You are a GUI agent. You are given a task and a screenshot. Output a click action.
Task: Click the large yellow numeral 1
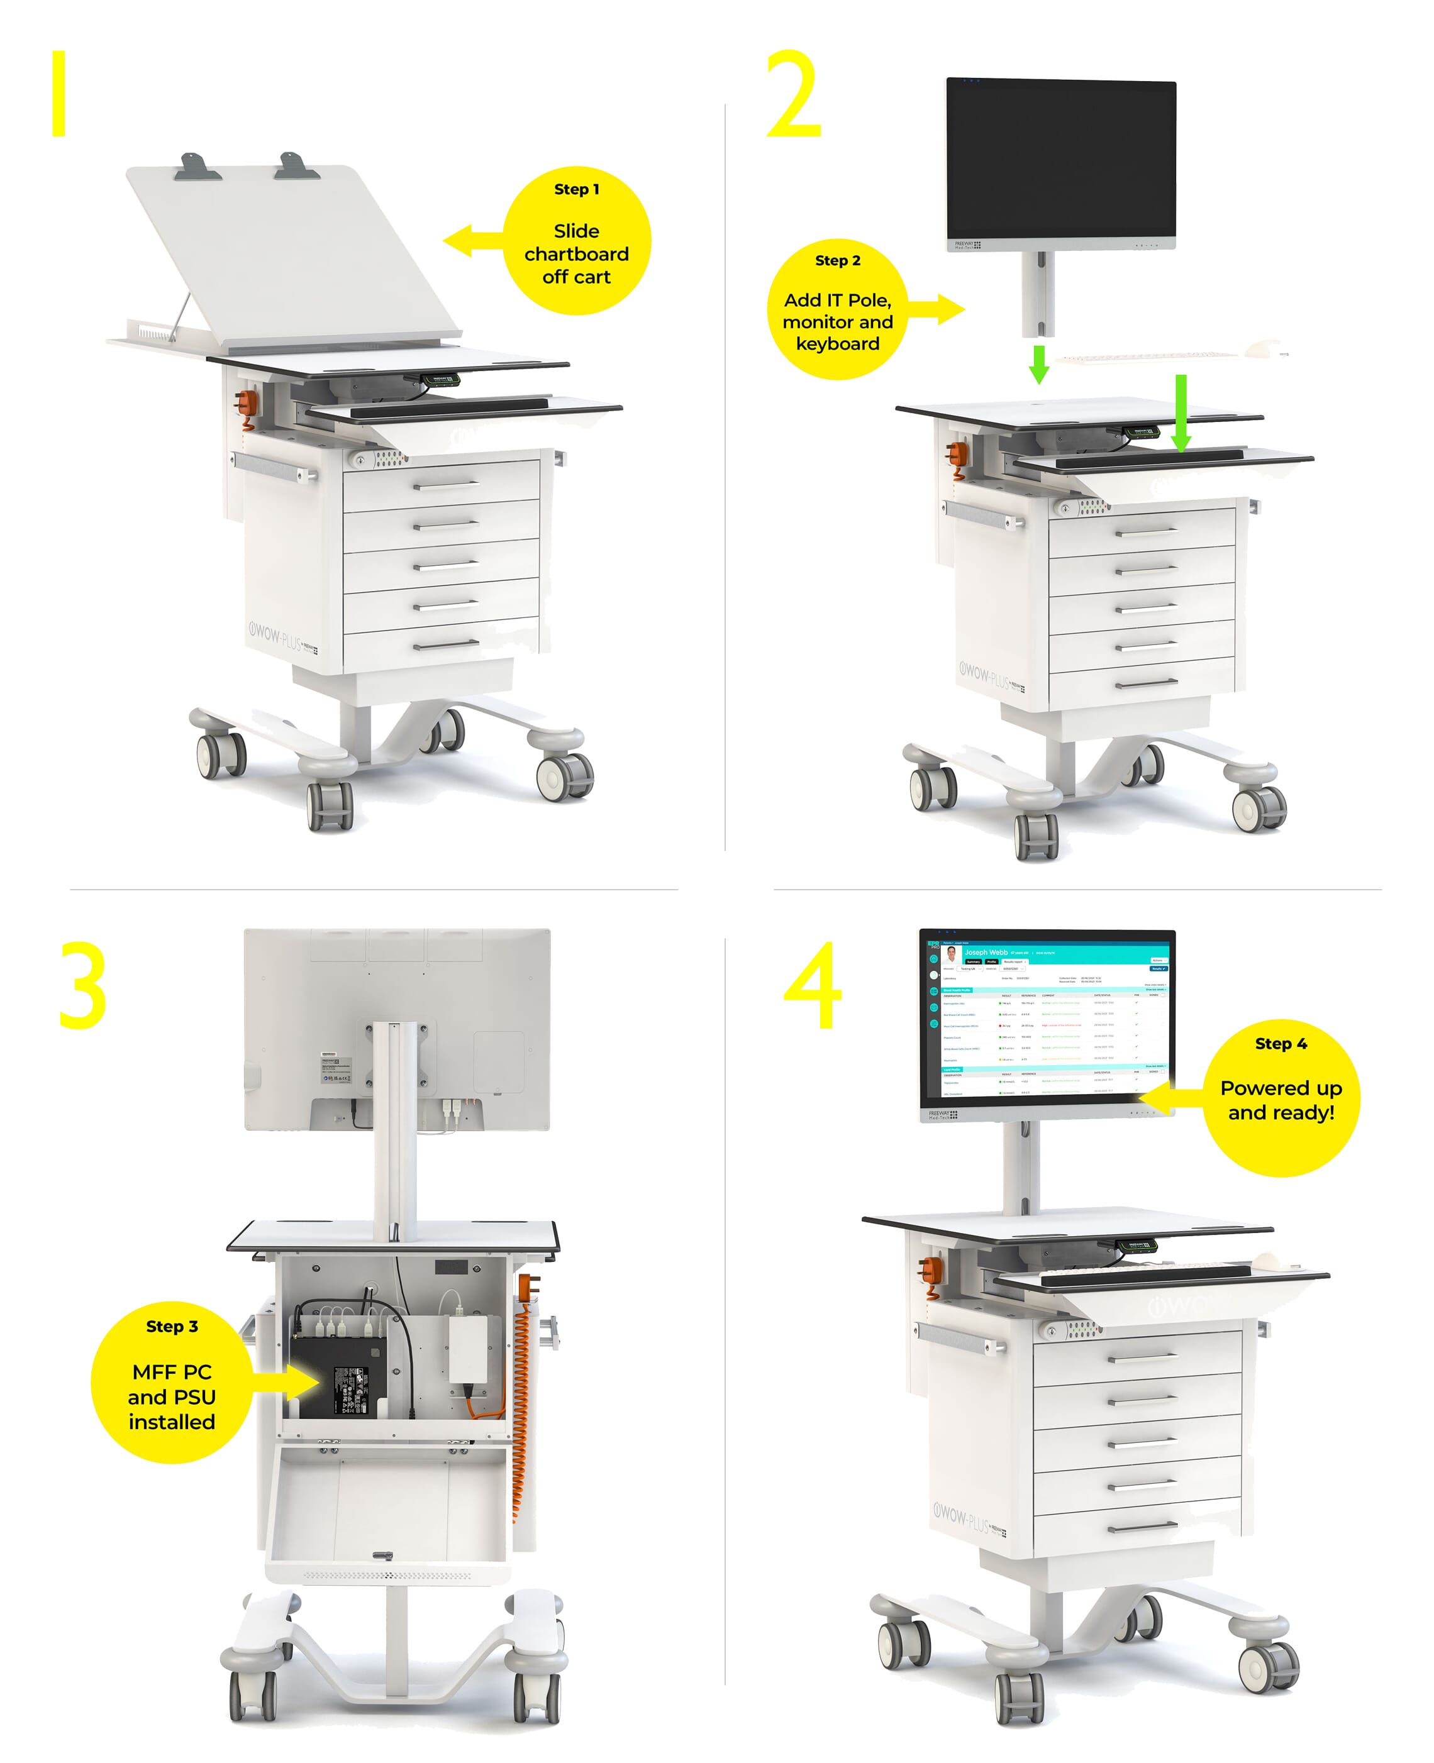pyautogui.click(x=58, y=93)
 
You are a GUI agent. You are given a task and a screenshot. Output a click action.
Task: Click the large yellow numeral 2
pyautogui.click(x=793, y=95)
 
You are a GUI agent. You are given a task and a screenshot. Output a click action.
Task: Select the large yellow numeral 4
pyautogui.click(x=814, y=986)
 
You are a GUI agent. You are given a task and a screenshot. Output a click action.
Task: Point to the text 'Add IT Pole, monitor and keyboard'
pyautogui.click(x=838, y=321)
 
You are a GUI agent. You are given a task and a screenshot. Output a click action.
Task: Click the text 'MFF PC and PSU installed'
pyautogui.click(x=172, y=1396)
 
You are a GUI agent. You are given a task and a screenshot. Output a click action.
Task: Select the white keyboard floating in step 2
pyautogui.click(x=1148, y=356)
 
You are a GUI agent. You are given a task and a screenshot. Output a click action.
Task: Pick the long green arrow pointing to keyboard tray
pyautogui.click(x=1181, y=413)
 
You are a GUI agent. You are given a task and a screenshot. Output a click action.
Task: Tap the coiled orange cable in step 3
pyautogui.click(x=520, y=1404)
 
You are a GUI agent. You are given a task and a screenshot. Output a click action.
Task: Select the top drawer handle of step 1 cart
pyautogui.click(x=445, y=485)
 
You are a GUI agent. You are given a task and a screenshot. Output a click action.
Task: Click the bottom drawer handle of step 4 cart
pyautogui.click(x=1142, y=1525)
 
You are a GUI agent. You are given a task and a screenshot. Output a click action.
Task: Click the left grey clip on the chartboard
pyautogui.click(x=197, y=168)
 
